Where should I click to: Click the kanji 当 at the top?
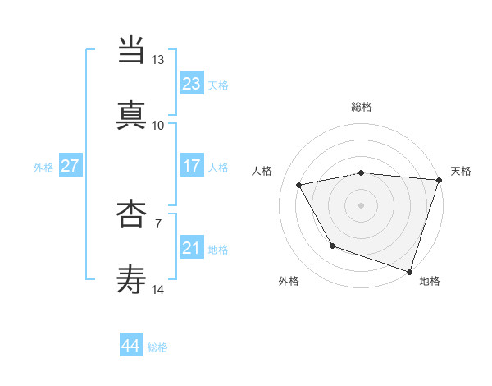tap(132, 52)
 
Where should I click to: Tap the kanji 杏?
tap(132, 215)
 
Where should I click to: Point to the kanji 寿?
tap(132, 279)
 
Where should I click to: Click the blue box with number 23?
tap(191, 84)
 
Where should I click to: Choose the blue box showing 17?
tap(191, 166)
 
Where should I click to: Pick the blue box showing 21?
tap(191, 248)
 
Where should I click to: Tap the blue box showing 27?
tap(70, 166)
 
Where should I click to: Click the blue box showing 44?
tap(131, 346)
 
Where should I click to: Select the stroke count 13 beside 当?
tap(157, 60)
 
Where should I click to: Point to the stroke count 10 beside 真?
tap(157, 125)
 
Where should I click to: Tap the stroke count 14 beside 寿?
tap(157, 288)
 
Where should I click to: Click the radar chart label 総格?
tap(362, 107)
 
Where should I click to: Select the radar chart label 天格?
tap(461, 171)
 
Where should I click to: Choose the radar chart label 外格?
tap(289, 281)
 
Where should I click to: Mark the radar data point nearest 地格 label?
tap(409, 271)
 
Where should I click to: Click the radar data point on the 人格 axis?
tap(299, 186)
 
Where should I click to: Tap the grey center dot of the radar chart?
tap(362, 205)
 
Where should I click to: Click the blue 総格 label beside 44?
tap(157, 347)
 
